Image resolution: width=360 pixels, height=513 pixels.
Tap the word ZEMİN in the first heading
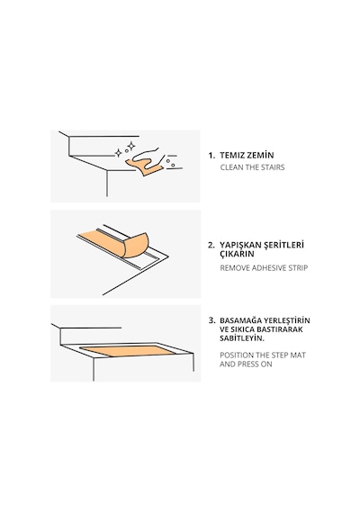click(x=260, y=155)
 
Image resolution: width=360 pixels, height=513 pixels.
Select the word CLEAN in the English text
click(x=231, y=167)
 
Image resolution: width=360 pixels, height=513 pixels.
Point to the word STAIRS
click(x=273, y=167)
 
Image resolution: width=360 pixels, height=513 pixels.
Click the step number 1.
click(x=211, y=156)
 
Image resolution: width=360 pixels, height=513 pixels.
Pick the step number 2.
click(x=211, y=245)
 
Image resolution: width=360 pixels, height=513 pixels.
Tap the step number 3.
click(x=211, y=320)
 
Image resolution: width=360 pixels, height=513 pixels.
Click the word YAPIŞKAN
click(x=240, y=246)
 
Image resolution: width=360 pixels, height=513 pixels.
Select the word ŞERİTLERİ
click(x=284, y=245)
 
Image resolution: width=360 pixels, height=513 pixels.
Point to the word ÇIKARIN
click(x=237, y=254)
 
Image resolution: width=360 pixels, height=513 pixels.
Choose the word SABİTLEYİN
click(x=242, y=338)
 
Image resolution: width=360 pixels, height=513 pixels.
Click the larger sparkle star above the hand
click(x=130, y=146)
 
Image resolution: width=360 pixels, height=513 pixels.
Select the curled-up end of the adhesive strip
click(x=136, y=246)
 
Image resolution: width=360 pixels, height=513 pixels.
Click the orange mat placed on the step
click(x=128, y=351)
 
